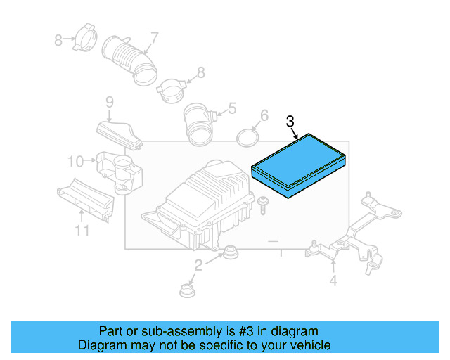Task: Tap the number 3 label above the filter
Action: (290, 122)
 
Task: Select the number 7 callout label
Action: (154, 37)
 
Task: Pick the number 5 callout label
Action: (231, 109)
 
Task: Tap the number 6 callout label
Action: (264, 115)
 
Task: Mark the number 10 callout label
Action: (75, 162)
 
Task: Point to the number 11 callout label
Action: (82, 231)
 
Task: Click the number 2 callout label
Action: (198, 264)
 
